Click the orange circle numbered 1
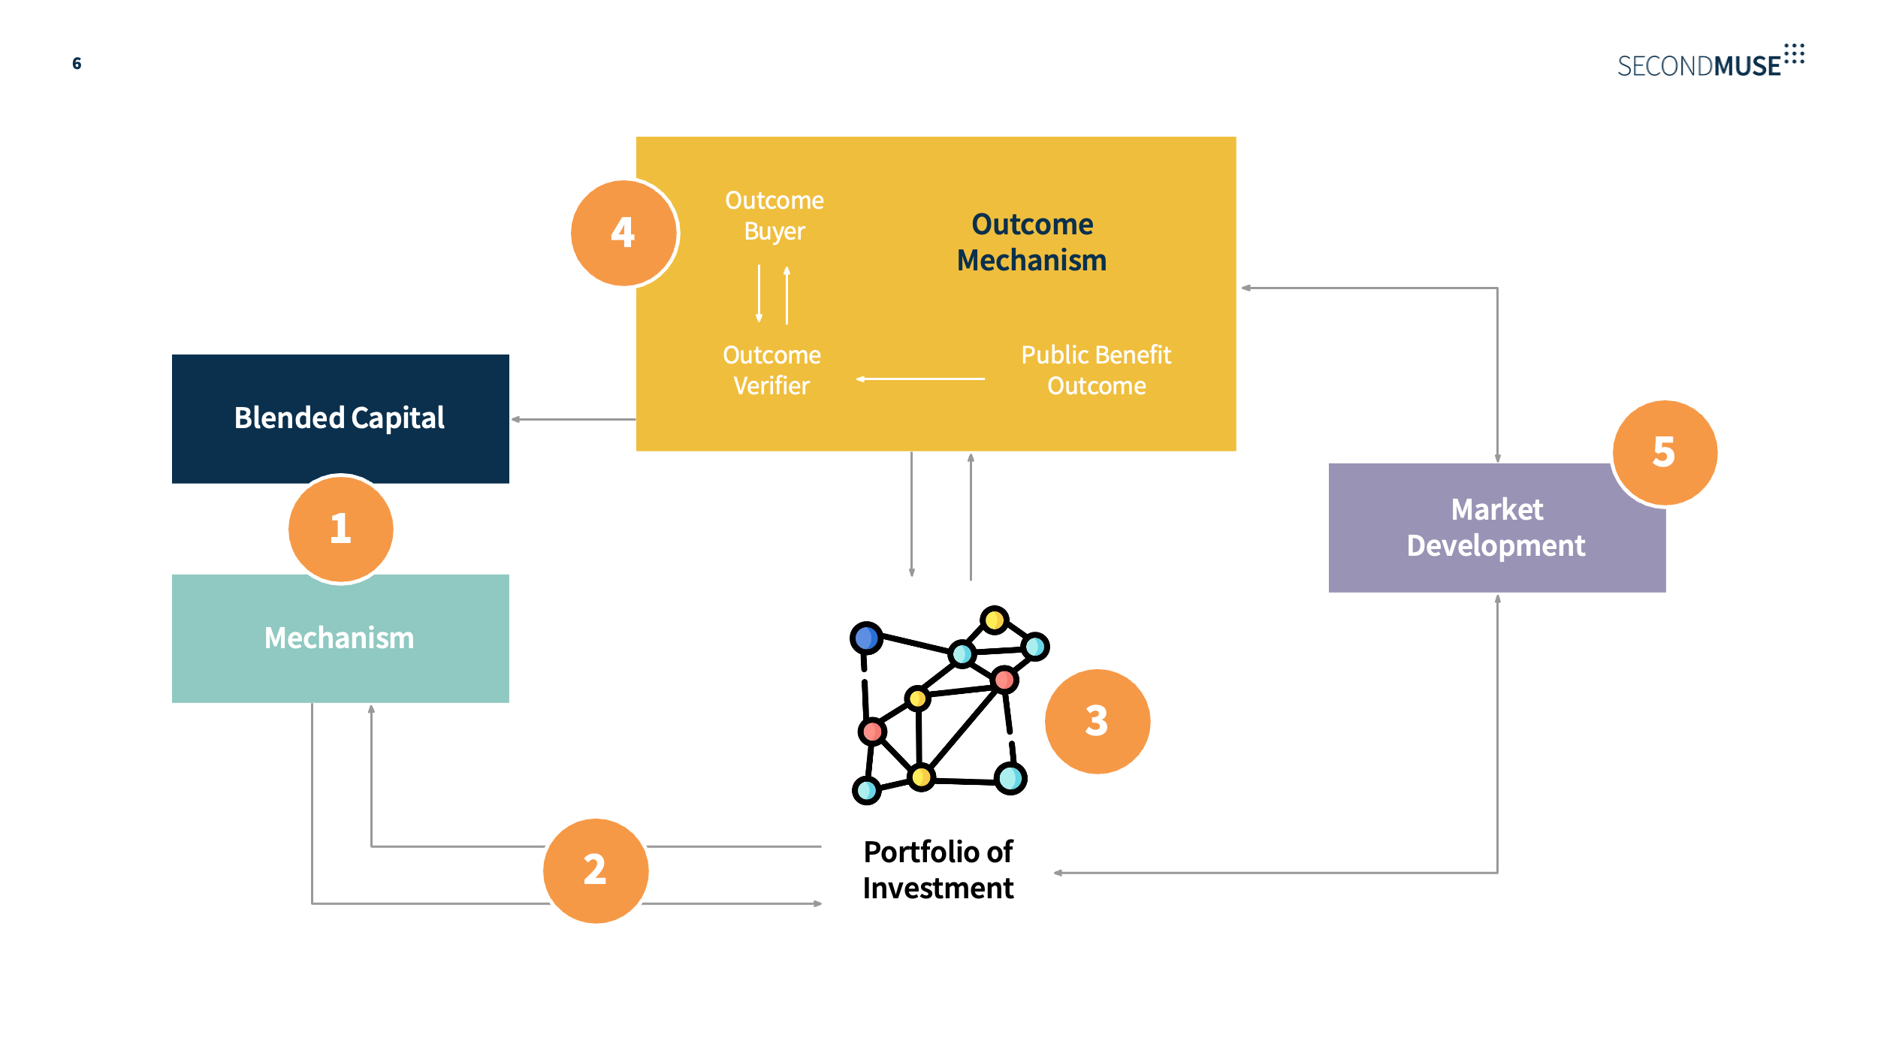coord(340,529)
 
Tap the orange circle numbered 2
coord(596,870)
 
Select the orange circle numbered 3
coord(1098,721)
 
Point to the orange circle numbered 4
coord(623,233)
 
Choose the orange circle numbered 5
coord(1665,452)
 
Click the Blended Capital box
coord(340,418)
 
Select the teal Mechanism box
coord(340,638)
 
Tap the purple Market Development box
coord(1497,527)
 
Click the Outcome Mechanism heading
coord(1032,242)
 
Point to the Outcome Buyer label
coord(774,216)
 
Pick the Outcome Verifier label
coord(771,370)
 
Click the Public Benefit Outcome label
coord(1096,370)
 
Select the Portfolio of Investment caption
coord(938,870)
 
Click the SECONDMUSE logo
coord(1711,61)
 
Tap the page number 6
coord(77,63)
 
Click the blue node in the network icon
coord(866,638)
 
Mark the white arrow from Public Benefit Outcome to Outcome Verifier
coord(920,379)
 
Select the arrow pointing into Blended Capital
coord(573,419)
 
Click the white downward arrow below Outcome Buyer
coord(759,294)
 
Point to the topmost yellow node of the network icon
coord(995,620)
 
